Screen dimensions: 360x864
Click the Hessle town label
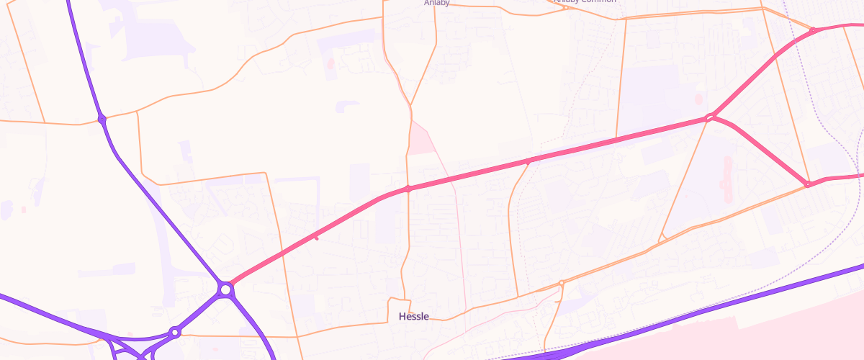point(413,316)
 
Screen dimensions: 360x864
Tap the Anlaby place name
point(438,2)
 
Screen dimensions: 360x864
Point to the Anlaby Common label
point(585,2)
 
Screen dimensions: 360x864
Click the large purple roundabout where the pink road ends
point(226,289)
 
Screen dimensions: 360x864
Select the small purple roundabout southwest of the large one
point(174,332)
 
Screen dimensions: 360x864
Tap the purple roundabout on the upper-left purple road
point(102,119)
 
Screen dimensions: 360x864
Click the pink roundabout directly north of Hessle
point(408,189)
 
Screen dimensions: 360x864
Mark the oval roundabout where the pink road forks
point(709,117)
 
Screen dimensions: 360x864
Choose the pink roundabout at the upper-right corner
point(813,31)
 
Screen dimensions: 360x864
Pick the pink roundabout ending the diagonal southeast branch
point(808,185)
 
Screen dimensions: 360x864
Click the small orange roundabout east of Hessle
point(561,282)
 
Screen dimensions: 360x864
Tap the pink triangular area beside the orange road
point(422,140)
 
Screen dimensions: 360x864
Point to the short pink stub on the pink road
point(315,238)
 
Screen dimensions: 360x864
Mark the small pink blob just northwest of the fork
point(697,98)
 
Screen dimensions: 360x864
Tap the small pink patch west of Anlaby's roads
point(330,63)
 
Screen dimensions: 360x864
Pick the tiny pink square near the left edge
point(23,210)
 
